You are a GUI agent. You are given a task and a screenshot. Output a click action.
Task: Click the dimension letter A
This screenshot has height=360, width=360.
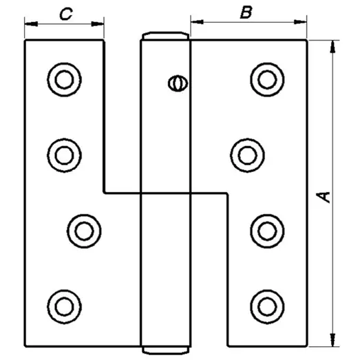click(x=324, y=198)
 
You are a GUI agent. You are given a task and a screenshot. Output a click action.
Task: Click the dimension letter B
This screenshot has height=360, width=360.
click(x=246, y=12)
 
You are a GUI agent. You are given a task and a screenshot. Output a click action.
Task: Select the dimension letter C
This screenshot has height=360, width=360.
click(x=66, y=14)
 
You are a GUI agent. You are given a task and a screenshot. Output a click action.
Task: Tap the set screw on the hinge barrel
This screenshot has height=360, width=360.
click(x=178, y=83)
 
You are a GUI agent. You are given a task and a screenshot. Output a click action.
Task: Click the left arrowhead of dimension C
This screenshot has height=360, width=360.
click(x=31, y=23)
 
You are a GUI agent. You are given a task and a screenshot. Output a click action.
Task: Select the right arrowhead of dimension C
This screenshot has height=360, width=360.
click(x=98, y=23)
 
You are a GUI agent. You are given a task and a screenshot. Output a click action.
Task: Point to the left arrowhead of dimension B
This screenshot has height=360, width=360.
click(x=197, y=22)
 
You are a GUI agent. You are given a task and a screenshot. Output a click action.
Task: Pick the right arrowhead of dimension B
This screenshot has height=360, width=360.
click(x=300, y=22)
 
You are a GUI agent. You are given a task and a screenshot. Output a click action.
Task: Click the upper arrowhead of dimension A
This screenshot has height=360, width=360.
click(x=332, y=47)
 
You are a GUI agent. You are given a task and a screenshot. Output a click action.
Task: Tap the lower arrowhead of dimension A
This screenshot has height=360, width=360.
click(x=332, y=340)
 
